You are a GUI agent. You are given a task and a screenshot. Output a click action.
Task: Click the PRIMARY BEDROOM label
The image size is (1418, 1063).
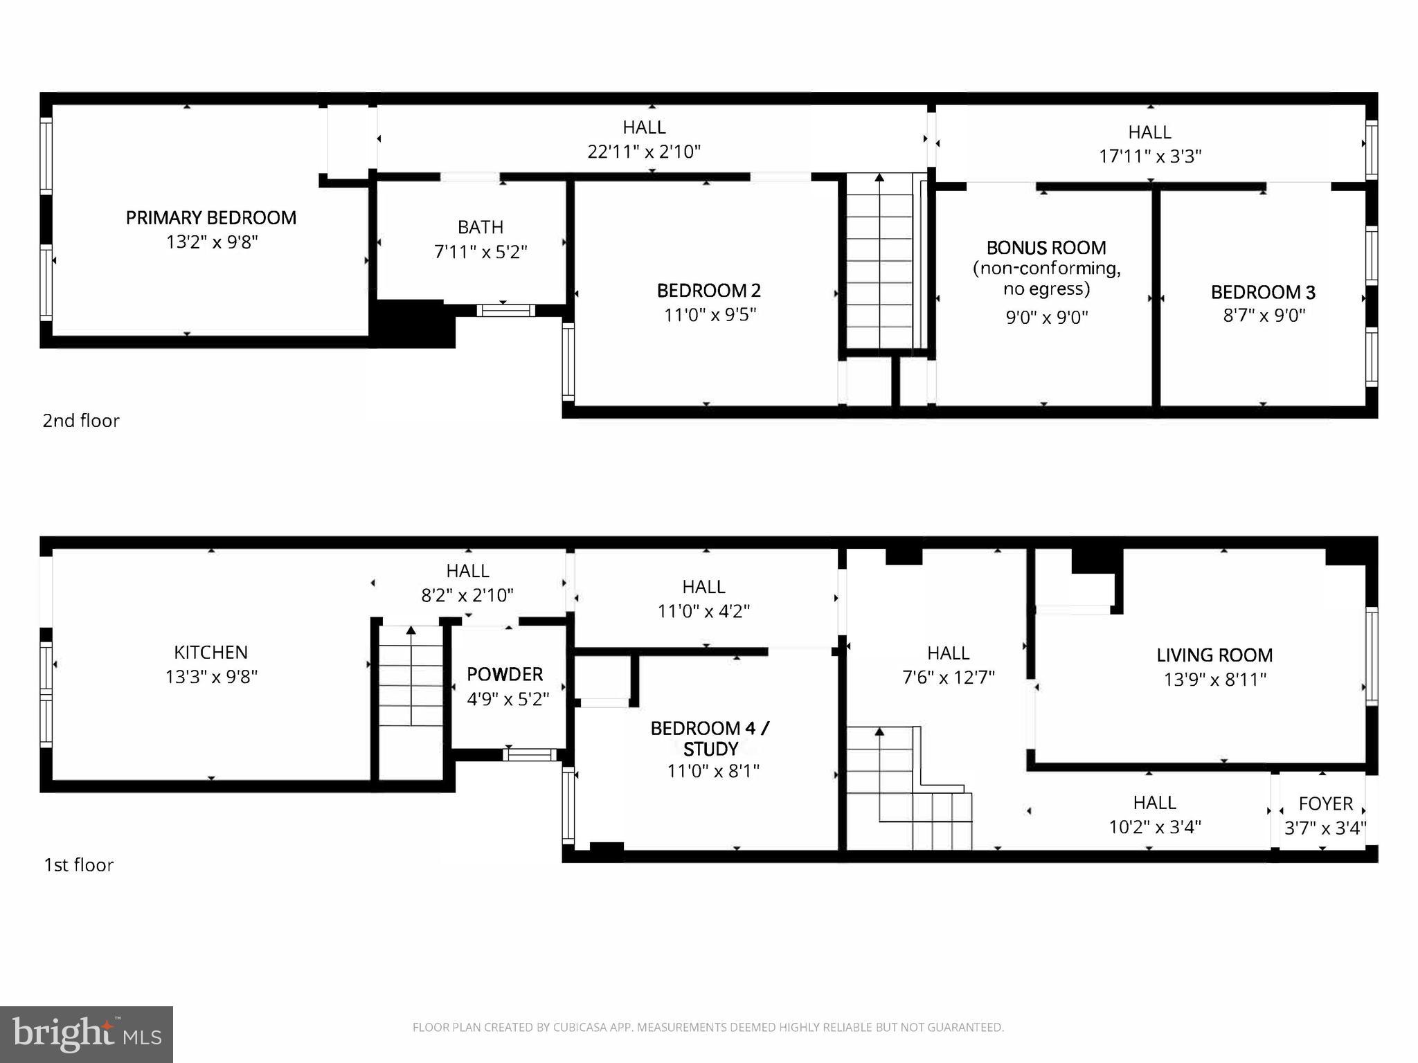210,218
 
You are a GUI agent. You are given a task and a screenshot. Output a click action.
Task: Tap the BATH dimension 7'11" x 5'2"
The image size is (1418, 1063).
481,252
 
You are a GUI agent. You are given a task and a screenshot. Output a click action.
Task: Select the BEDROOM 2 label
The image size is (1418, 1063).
708,291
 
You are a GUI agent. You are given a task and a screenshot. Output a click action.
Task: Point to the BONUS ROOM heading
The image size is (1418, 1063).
1046,248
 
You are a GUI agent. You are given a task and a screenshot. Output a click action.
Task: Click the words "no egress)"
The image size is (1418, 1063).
1046,289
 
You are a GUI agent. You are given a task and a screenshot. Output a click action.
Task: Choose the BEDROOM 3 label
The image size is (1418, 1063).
1263,292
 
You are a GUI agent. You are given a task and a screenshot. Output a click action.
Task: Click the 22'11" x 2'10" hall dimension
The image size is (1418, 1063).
644,152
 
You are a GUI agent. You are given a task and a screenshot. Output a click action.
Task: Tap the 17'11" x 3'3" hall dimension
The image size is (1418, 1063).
1150,156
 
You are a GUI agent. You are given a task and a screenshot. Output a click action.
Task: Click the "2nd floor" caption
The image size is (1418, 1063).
81,421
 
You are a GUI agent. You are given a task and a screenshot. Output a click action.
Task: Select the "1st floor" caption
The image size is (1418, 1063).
78,865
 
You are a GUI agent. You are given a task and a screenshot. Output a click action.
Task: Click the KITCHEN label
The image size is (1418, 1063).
210,652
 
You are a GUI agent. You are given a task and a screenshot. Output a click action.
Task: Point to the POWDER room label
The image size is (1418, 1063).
505,674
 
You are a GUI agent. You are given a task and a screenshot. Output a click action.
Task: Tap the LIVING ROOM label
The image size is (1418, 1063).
1214,655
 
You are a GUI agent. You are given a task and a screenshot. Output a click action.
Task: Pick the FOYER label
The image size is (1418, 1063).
1325,803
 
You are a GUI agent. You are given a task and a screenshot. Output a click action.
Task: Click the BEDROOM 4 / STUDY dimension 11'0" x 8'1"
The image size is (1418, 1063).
713,771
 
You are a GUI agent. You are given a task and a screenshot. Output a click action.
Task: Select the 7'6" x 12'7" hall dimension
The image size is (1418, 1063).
948,677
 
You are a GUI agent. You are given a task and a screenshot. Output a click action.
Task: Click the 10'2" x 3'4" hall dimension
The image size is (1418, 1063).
1155,827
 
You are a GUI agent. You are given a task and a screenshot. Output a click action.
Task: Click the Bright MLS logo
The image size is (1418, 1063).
87,1035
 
